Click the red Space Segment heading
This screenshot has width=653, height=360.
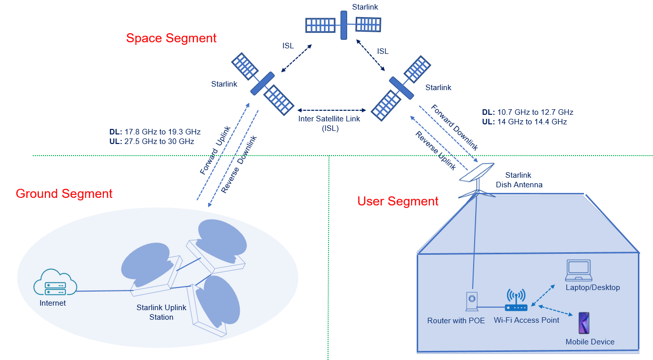click(171, 38)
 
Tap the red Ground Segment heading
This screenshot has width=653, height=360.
click(64, 194)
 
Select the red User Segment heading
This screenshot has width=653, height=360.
click(398, 201)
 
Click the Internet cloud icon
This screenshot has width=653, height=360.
click(55, 284)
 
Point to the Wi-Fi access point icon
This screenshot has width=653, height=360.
click(516, 301)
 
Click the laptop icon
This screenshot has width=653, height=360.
click(578, 271)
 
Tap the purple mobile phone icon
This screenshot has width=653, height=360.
click(584, 323)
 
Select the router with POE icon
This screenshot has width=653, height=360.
click(472, 303)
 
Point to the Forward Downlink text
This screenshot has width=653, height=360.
click(454, 127)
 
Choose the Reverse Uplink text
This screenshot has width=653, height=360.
click(435, 150)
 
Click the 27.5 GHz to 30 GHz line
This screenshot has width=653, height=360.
click(152, 141)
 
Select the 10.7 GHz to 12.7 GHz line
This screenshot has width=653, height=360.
click(528, 112)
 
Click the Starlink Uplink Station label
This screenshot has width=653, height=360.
click(161, 312)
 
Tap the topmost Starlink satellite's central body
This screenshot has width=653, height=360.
click(344, 25)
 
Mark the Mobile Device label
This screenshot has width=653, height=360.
click(590, 342)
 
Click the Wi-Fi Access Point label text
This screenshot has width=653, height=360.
click(526, 320)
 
